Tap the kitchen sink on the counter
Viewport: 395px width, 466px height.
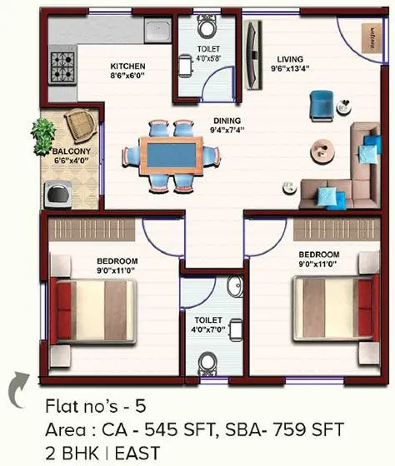click(157, 31)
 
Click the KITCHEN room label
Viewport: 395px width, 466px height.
click(128, 67)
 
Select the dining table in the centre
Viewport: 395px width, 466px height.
click(172, 156)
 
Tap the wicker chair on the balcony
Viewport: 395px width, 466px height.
click(80, 124)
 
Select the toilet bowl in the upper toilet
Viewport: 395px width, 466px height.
click(206, 29)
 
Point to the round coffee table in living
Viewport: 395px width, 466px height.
click(321, 151)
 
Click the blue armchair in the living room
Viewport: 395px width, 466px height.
click(320, 104)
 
